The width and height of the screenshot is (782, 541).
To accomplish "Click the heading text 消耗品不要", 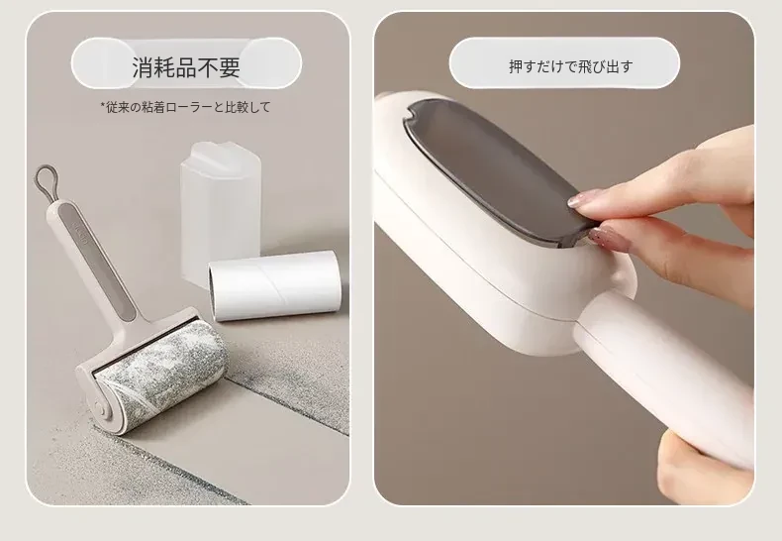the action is coord(186,67).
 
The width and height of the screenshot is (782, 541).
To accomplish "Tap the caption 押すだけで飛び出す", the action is coord(571,66).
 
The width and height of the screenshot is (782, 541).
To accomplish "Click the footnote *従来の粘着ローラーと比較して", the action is coord(185,107).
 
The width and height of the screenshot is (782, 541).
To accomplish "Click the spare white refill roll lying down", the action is coord(274,284).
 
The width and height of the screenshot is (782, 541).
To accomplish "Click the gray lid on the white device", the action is coord(491,169).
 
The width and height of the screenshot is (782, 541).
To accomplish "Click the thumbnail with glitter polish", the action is coord(610,239).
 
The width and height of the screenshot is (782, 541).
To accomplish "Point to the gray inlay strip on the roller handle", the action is coord(96,262).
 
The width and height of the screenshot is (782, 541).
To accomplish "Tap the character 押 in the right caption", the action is coord(516,66).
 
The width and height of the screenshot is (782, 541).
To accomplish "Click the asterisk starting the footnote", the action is coord(103,105).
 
